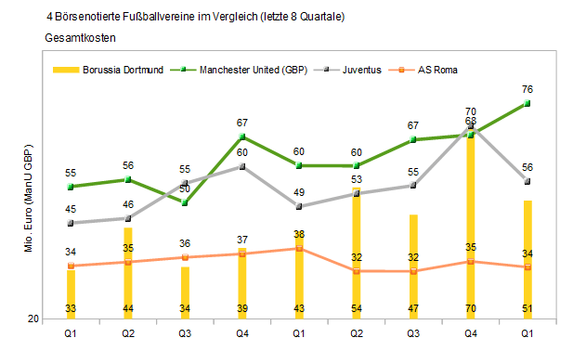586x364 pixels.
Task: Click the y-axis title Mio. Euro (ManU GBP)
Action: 28,199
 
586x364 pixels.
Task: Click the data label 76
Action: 527,89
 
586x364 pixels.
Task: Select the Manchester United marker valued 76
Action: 527,103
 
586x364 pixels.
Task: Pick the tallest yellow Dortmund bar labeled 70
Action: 470,223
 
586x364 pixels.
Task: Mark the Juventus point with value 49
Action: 299,206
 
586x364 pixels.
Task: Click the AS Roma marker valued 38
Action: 299,248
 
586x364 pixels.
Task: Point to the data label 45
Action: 71,210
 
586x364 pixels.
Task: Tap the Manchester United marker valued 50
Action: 185,202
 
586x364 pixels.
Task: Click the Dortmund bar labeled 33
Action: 71,292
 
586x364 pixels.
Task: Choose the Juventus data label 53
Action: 356,179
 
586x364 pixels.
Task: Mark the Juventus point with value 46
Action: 127,218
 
